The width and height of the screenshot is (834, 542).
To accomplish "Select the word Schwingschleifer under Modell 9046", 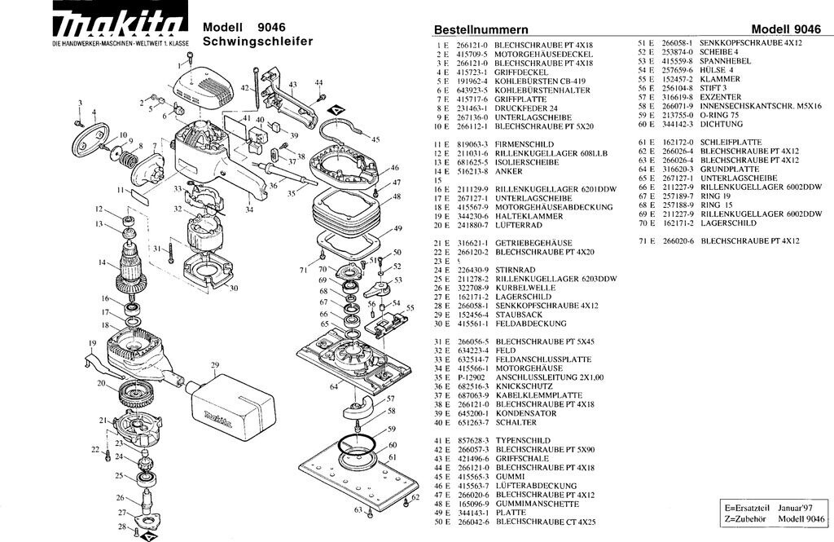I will pyautogui.click(x=257, y=41).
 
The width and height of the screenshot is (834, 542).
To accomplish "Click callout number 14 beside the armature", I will pyautogui.click(x=103, y=262).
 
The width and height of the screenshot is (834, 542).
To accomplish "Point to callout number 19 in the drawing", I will pyautogui.click(x=93, y=343).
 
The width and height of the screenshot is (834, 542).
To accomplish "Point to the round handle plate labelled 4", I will pyautogui.click(x=92, y=140).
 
